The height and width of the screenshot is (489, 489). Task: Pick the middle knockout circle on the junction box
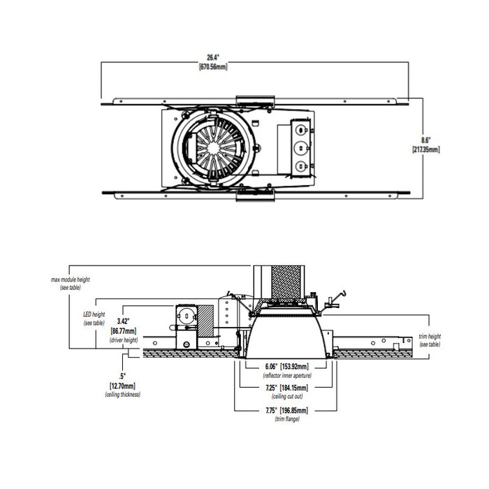pos(300,148)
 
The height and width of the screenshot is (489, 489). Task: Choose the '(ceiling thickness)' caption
pos(122,395)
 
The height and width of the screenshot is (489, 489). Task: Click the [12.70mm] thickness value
pos(122,386)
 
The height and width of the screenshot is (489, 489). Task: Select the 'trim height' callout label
pos(430,337)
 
